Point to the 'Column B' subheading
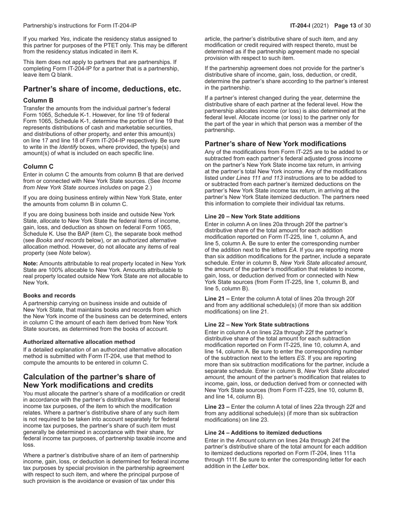pyautogui.click(x=38, y=101)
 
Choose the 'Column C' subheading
pyautogui.click(x=38, y=166)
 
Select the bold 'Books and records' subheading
pyautogui.click(x=49, y=296)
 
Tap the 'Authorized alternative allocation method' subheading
pyautogui.click(x=79, y=342)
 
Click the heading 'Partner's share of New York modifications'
pyautogui.click(x=281, y=144)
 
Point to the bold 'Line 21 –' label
pyautogui.click(x=217, y=299)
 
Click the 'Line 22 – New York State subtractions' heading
pyautogui.click(x=257, y=325)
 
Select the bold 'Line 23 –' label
pyautogui.click(x=217, y=407)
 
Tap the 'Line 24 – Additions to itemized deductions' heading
pyautogui.click(x=263, y=432)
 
